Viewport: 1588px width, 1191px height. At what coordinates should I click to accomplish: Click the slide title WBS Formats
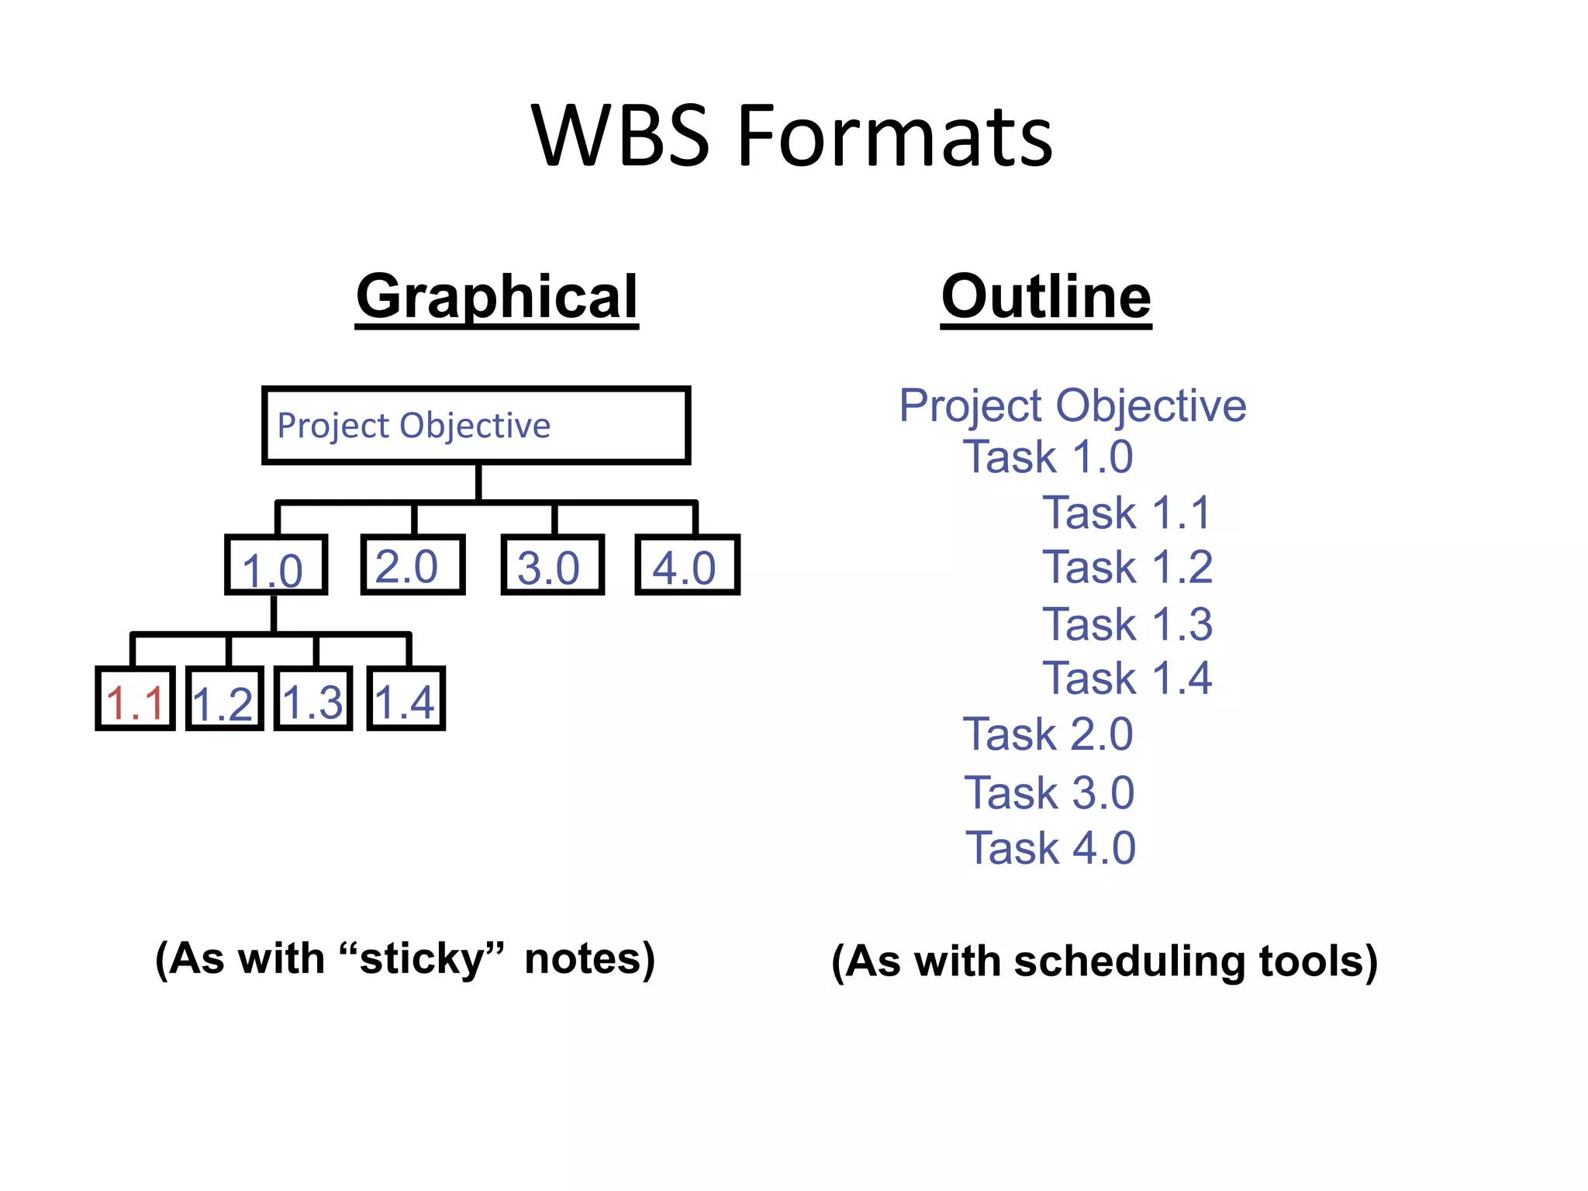(792, 136)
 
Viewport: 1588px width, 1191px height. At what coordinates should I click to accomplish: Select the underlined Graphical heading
(496, 297)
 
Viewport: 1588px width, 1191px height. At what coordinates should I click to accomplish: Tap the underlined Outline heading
(1046, 297)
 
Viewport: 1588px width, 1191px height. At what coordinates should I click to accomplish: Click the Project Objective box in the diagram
(476, 425)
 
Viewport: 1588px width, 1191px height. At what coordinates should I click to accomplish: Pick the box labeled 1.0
(275, 565)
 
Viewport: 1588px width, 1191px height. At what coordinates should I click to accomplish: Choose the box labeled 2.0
(413, 565)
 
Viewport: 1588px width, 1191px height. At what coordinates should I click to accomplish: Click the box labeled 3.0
(552, 565)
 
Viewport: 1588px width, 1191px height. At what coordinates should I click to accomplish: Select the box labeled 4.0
(687, 565)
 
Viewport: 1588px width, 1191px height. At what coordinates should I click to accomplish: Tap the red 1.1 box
(135, 699)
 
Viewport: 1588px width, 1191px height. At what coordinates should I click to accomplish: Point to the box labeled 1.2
(224, 699)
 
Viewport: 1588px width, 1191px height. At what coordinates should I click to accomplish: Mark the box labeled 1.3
(313, 699)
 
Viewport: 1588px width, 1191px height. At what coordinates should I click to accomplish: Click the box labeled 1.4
(406, 699)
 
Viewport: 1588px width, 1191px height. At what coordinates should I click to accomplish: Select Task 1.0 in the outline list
(1048, 457)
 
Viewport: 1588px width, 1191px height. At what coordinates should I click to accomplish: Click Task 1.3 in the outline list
(1127, 624)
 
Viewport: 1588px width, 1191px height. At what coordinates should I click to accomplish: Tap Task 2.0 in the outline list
(1048, 734)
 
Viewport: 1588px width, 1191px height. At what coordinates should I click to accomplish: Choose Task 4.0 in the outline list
(1050, 848)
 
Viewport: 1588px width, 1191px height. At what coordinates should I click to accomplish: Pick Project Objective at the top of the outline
(1072, 406)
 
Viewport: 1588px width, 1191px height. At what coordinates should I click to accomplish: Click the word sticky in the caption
(422, 959)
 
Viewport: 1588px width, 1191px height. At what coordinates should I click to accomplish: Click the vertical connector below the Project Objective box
(478, 482)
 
